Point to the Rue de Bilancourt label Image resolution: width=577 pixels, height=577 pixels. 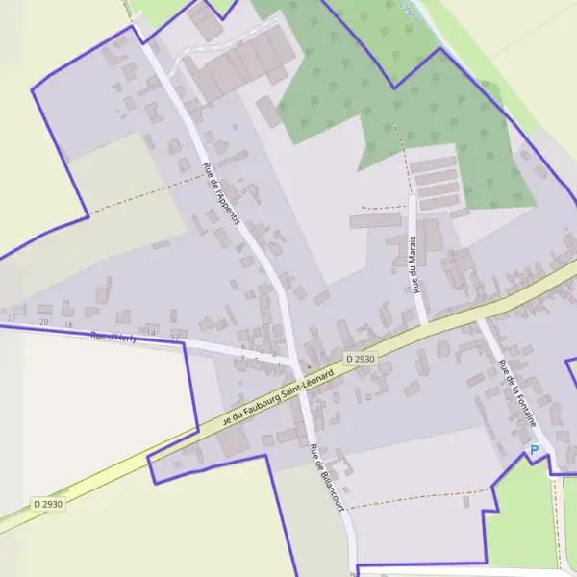coord(326,478)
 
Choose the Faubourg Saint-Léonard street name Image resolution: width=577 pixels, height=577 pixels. coord(278,397)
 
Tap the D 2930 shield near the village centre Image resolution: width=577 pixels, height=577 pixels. coord(359,358)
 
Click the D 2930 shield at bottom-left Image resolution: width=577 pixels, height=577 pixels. coord(46,503)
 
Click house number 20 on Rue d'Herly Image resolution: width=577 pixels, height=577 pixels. coord(43,322)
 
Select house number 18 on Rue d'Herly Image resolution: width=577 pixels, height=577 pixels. coord(67,325)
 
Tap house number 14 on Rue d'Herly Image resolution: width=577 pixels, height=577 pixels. coord(149,334)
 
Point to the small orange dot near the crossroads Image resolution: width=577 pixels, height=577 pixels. coord(308,366)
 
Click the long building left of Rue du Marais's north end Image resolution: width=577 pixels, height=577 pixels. coord(375,221)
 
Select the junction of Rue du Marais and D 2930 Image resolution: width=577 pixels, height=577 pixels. coord(423,322)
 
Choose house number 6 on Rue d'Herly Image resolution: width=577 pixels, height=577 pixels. coord(243,346)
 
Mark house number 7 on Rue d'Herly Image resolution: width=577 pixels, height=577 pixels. coord(242,359)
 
